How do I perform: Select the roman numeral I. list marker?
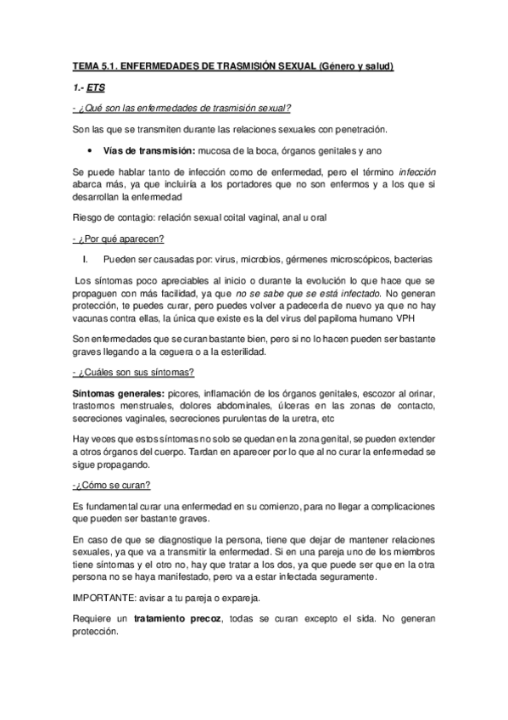pos(86,258)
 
